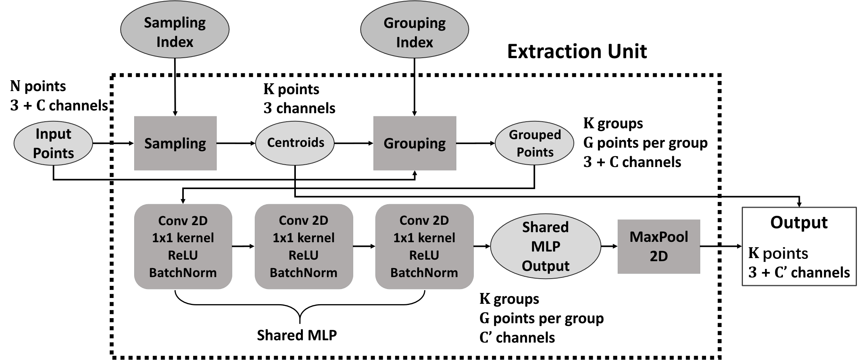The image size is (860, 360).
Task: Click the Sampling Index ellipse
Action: (x=175, y=29)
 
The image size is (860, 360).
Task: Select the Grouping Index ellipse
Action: (x=414, y=29)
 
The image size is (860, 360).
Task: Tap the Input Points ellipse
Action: (x=53, y=143)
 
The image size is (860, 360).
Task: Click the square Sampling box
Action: (x=175, y=143)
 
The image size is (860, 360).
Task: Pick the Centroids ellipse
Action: (x=295, y=143)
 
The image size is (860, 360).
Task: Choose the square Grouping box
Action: (x=414, y=143)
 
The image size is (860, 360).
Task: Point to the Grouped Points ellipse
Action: (x=534, y=143)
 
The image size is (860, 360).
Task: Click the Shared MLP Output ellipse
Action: (x=545, y=246)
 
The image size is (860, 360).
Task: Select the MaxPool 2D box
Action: (x=659, y=246)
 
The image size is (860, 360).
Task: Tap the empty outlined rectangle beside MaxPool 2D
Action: (x=799, y=246)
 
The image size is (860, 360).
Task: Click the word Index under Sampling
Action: (x=175, y=42)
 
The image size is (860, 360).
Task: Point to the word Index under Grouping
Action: (x=414, y=42)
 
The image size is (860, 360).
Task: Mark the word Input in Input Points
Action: (x=54, y=134)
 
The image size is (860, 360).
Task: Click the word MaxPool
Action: (x=659, y=237)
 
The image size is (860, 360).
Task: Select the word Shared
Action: (x=545, y=227)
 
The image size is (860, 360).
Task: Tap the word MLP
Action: (x=545, y=246)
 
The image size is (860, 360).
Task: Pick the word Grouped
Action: (x=535, y=134)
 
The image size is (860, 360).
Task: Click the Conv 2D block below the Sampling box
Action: (x=183, y=246)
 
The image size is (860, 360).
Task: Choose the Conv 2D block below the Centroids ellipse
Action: (x=304, y=246)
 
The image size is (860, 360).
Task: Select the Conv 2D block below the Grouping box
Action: (x=424, y=246)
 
